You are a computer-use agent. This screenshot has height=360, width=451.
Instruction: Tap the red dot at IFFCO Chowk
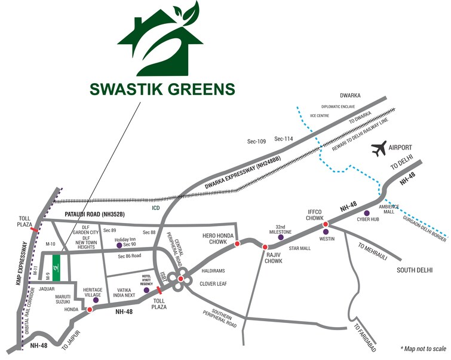(x=326, y=224)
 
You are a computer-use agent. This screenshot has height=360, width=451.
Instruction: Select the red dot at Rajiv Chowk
(x=264, y=246)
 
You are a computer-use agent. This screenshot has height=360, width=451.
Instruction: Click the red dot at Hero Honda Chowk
(x=237, y=243)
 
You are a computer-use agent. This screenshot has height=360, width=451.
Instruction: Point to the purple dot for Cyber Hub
(x=367, y=212)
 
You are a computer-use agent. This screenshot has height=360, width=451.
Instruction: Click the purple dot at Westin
(x=326, y=232)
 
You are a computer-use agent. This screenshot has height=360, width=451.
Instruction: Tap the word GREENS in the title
(x=197, y=90)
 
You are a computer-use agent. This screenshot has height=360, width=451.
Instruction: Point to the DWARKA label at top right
(x=352, y=95)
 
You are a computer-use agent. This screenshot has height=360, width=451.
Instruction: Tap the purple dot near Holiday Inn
(x=118, y=245)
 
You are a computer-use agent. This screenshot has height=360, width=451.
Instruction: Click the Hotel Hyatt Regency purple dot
(x=147, y=290)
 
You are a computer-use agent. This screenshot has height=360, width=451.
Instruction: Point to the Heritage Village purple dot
(x=96, y=292)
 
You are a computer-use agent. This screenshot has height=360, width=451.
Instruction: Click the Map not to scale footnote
(x=423, y=347)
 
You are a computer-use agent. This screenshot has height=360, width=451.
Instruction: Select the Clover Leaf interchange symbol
(x=180, y=278)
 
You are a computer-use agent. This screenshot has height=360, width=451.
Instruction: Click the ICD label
(x=157, y=209)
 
